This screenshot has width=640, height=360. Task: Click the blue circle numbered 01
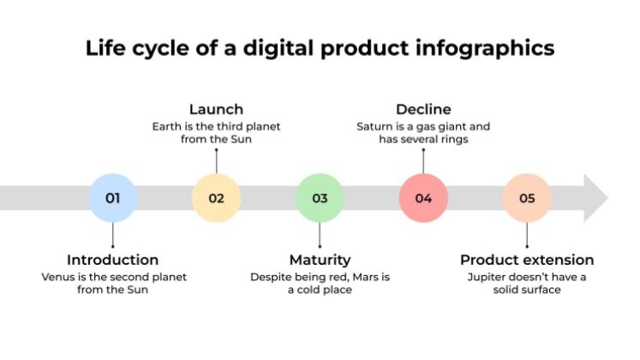click(x=113, y=198)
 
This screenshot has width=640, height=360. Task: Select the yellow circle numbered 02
click(x=216, y=198)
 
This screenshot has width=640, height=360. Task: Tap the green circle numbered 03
click(x=320, y=198)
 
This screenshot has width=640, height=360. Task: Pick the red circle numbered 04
click(x=423, y=198)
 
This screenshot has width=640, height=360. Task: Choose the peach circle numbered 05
click(x=527, y=198)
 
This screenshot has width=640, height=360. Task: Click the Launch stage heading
click(x=216, y=109)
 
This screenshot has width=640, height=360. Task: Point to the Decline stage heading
click(x=423, y=109)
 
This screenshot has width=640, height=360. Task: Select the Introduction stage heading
click(x=113, y=260)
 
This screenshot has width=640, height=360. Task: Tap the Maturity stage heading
click(x=320, y=260)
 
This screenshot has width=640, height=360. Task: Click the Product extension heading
click(x=527, y=260)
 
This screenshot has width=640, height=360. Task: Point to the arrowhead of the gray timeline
click(x=595, y=198)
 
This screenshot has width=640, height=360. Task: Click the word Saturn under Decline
click(x=375, y=127)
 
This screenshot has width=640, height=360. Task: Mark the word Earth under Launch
click(x=166, y=127)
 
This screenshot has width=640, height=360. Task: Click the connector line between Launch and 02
click(x=216, y=160)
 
